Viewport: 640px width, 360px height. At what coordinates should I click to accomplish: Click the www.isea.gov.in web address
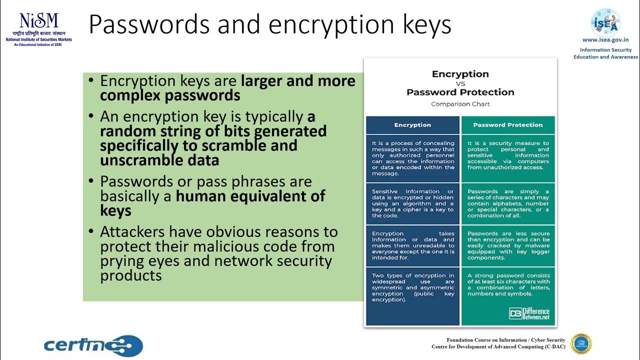pos(605,40)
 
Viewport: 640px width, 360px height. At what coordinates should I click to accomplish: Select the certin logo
pos(93,345)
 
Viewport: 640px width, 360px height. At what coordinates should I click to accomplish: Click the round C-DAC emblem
pos(581,343)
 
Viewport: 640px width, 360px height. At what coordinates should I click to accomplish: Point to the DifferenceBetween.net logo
pos(529,313)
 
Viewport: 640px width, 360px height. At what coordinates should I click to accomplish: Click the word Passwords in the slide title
pos(147,24)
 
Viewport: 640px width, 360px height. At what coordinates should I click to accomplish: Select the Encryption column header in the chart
pos(412,125)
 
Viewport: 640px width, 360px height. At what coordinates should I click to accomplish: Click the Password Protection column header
pos(507,125)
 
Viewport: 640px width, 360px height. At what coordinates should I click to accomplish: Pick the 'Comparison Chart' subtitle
pos(460,104)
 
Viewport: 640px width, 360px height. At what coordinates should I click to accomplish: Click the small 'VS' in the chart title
pos(460,83)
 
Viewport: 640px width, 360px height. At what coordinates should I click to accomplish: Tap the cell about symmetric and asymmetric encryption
pos(412,287)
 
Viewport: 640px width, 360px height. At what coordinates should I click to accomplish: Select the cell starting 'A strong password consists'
pos(508,284)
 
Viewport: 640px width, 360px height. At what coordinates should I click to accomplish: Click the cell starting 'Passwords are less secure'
pos(508,245)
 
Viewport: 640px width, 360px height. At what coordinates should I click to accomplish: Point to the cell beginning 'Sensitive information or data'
pos(412,203)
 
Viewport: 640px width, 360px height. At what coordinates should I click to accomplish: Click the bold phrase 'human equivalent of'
pos(250,196)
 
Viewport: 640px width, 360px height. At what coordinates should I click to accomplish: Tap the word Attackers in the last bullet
pos(133,232)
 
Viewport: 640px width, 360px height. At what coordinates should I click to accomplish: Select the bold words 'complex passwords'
pos(170,95)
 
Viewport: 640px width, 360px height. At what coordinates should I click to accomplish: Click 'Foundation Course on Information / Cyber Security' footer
pos(505,340)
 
